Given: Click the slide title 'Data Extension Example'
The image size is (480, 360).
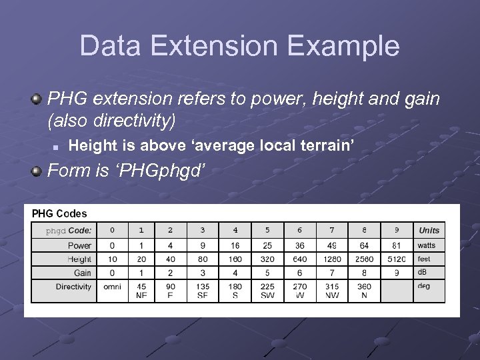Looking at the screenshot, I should (239, 46).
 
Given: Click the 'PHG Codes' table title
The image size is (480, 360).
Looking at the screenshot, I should (59, 213).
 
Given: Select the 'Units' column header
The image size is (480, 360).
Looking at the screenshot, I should (429, 230).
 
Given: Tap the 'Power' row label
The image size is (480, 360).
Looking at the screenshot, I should (79, 245).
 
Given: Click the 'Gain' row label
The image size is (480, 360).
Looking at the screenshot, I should (83, 273).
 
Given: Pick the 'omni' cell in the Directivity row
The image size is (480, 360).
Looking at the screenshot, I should (112, 286).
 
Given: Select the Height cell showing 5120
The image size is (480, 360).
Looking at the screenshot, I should (397, 259).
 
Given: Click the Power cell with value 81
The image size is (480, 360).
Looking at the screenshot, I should (397, 245).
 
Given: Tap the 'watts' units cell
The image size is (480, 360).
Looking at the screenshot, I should (427, 245).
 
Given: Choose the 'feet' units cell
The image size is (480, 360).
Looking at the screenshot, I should (424, 259).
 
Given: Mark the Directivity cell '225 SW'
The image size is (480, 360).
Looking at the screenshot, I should (267, 291).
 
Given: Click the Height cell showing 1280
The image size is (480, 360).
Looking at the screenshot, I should (332, 259).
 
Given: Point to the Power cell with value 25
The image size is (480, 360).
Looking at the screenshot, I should (267, 245).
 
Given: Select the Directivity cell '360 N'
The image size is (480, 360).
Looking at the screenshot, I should (364, 291).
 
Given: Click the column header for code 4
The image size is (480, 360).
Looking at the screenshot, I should (235, 230).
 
